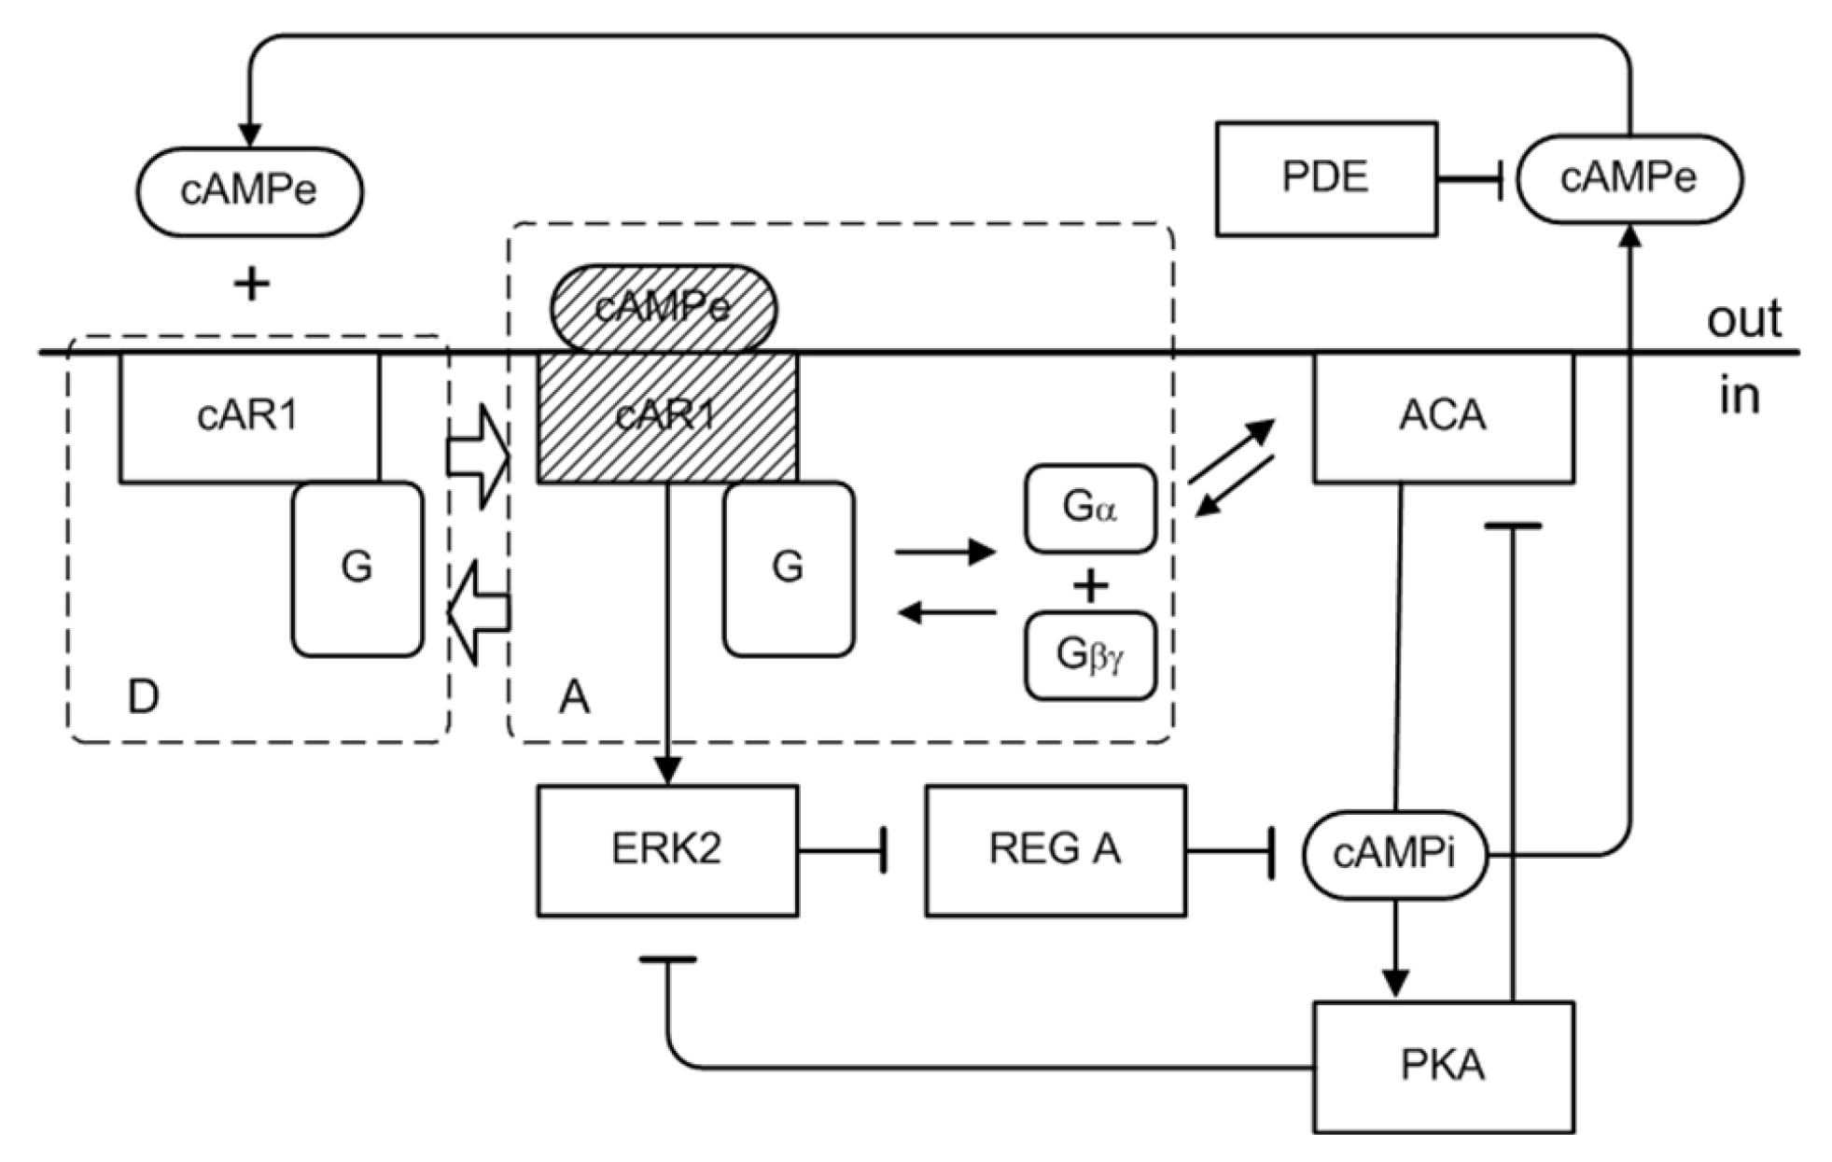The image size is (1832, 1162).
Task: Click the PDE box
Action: [1325, 178]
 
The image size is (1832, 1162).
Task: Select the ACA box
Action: [1443, 416]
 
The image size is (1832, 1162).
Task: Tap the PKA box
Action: [1443, 1066]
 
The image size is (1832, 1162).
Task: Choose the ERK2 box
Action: [666, 850]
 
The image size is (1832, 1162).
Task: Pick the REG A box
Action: [1055, 850]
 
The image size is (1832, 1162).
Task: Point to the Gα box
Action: [1090, 509]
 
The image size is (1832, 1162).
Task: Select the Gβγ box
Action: [1090, 655]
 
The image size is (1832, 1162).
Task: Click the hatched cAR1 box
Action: [666, 416]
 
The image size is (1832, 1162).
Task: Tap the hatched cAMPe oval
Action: [663, 307]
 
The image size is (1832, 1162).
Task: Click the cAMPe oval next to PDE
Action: [1629, 178]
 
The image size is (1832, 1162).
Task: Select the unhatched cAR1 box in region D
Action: [248, 416]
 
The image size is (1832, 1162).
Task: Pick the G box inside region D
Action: [357, 568]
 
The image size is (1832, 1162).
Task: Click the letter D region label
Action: [143, 696]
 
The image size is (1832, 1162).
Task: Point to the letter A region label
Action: [574, 696]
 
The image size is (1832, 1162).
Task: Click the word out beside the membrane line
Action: [1743, 319]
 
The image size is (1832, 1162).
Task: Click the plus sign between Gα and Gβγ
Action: [1090, 586]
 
